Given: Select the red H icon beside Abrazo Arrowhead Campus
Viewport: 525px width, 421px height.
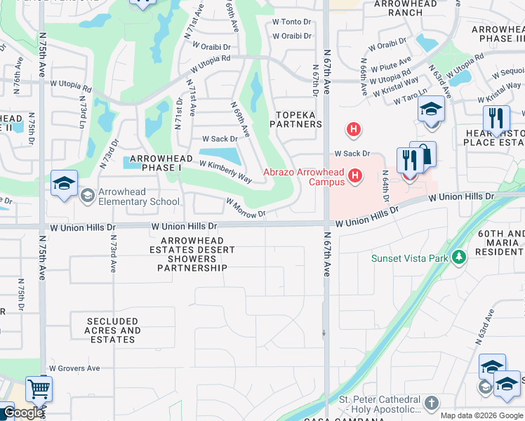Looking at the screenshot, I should coord(356,175).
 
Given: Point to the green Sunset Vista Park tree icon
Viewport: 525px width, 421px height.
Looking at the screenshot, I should coord(459,258).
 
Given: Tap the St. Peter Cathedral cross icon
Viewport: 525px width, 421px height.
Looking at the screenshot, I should coord(431,403).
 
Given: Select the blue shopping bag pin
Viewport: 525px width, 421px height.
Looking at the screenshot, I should coord(423,154).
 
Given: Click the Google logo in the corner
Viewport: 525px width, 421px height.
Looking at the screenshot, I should coord(22,413).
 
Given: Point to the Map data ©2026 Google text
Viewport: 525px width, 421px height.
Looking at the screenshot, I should coord(481,415).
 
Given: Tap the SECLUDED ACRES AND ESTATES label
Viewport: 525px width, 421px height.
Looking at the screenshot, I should coord(112,330).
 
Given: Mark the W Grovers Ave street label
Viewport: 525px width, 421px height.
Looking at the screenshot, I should coord(74,368).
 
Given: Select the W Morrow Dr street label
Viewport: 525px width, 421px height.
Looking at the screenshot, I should coord(246,207).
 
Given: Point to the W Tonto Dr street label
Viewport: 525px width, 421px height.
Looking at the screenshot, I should coord(291,22).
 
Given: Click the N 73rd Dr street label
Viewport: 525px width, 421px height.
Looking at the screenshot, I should coord(107,156).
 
